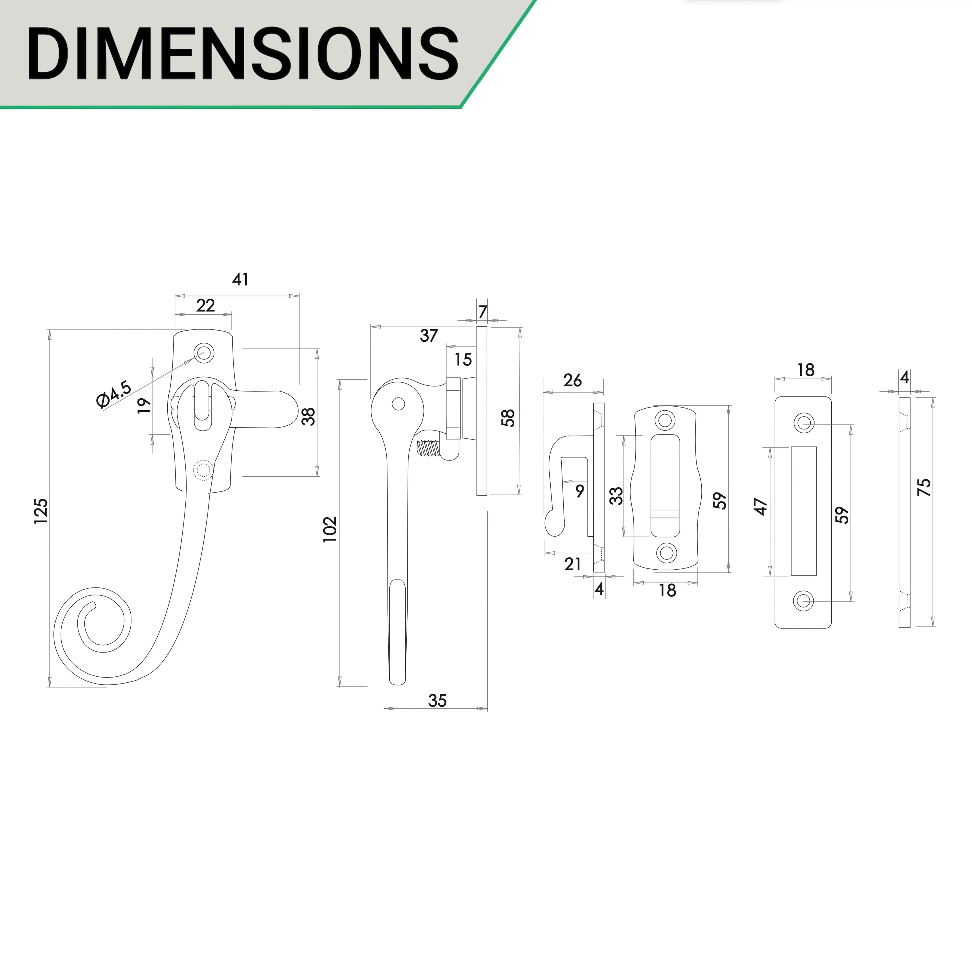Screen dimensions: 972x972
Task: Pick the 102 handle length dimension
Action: (330, 529)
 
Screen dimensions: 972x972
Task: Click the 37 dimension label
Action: (429, 336)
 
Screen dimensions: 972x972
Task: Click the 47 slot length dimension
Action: (761, 507)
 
